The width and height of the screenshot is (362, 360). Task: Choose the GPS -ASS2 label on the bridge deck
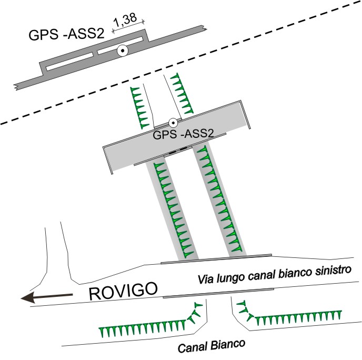(x=183, y=135)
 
